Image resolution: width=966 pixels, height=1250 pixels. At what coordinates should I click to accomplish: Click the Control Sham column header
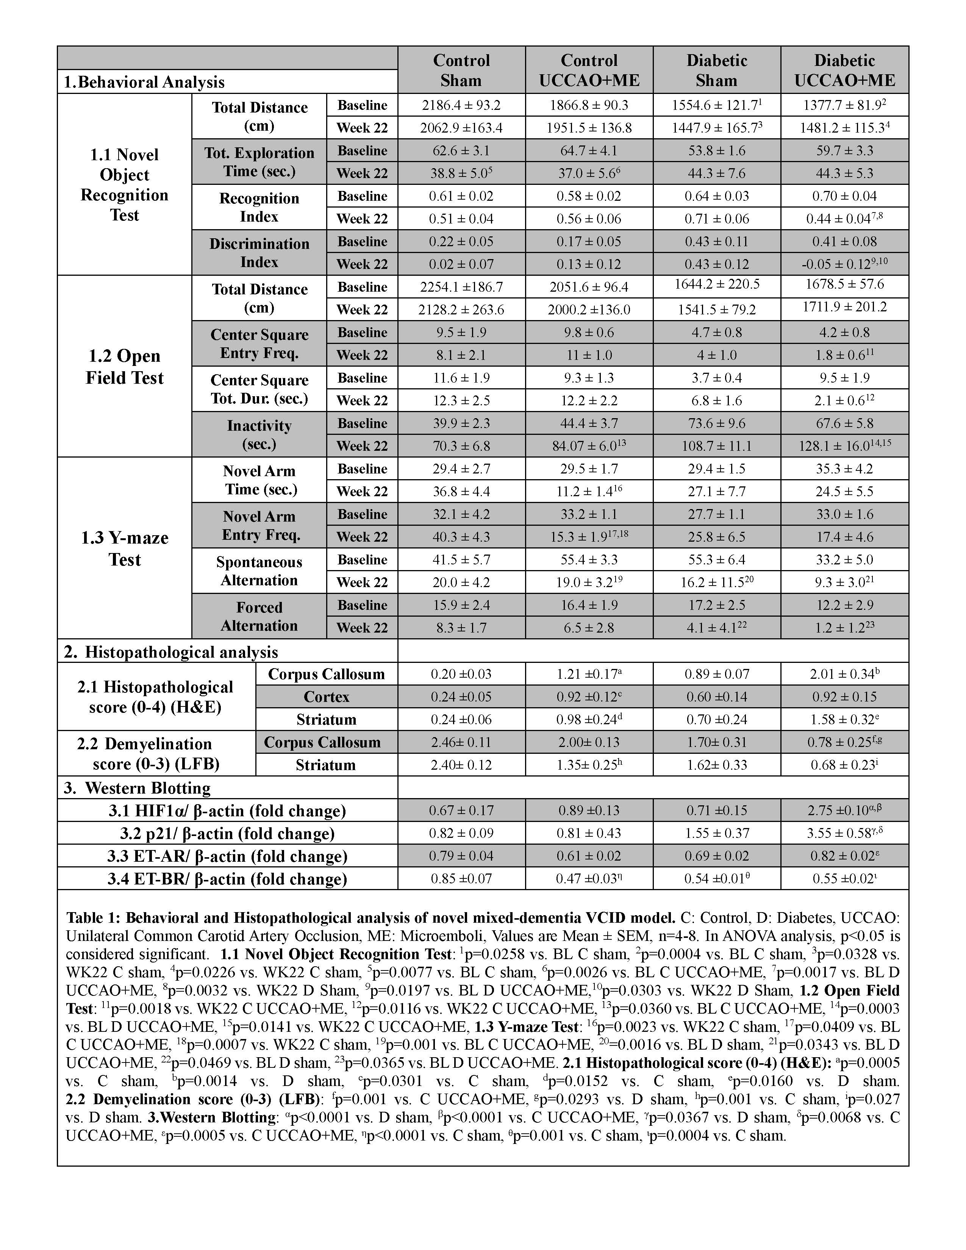[461, 70]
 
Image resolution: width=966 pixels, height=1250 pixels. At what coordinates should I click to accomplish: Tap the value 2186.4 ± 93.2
[461, 105]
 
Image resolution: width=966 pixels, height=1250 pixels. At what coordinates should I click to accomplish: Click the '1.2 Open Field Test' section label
[124, 366]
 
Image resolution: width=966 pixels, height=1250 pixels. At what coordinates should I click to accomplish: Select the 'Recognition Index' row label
[259, 207]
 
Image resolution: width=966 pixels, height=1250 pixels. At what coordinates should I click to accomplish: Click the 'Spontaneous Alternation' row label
[259, 570]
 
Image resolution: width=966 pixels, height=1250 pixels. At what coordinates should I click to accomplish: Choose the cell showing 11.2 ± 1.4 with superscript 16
[589, 491]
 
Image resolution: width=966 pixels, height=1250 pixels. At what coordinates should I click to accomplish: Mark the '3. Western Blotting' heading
[138, 788]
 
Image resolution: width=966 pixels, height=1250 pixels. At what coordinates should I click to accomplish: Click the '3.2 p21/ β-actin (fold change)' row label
[227, 833]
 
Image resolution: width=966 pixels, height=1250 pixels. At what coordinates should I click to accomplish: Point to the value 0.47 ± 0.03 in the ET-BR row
[589, 878]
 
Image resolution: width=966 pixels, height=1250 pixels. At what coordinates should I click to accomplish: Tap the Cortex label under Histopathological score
[326, 697]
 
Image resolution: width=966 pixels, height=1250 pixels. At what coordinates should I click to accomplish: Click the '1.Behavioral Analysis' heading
[144, 82]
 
